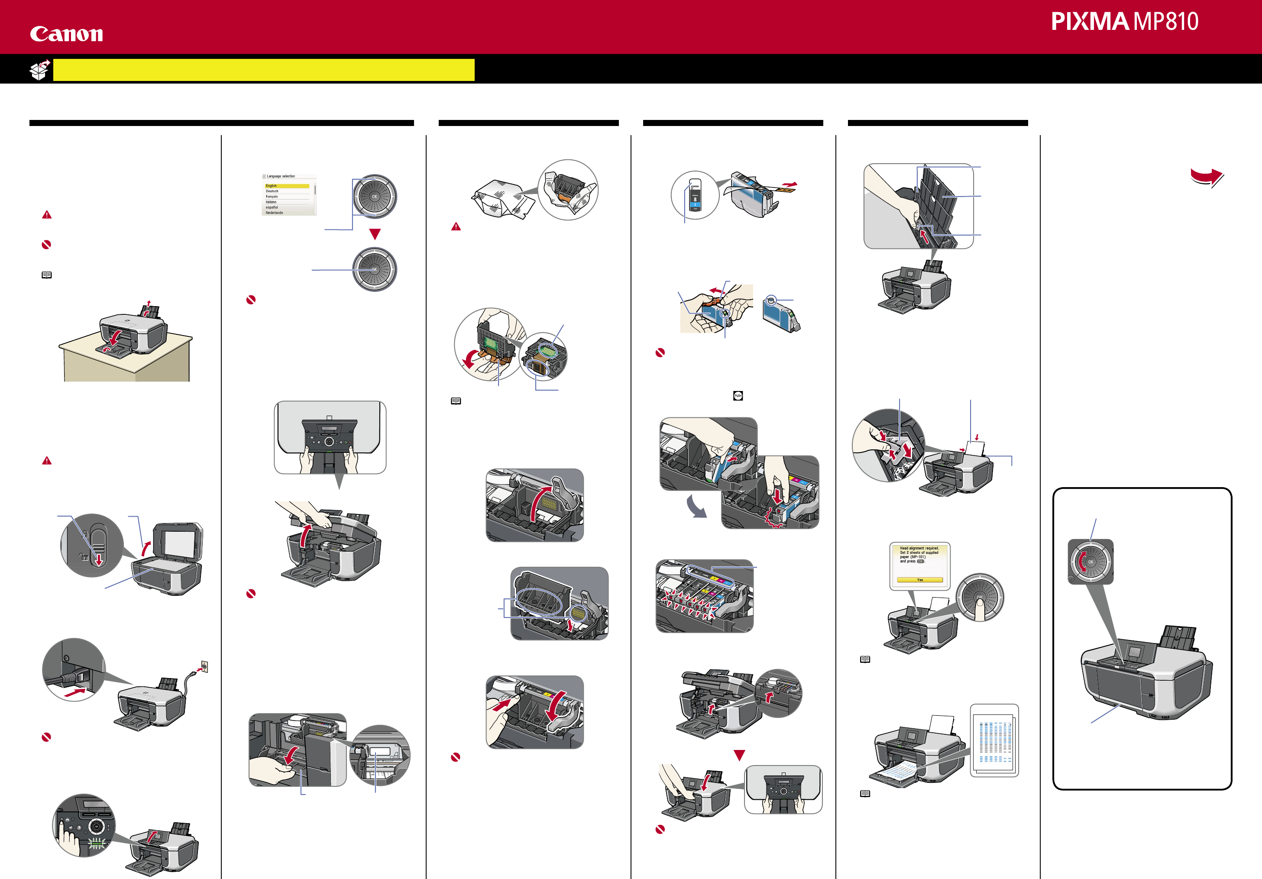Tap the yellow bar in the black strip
click(264, 70)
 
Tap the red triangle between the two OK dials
click(375, 234)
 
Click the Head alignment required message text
click(919, 555)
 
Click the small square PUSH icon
click(738, 396)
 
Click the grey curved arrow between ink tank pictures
click(696, 507)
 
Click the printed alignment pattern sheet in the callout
click(994, 740)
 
